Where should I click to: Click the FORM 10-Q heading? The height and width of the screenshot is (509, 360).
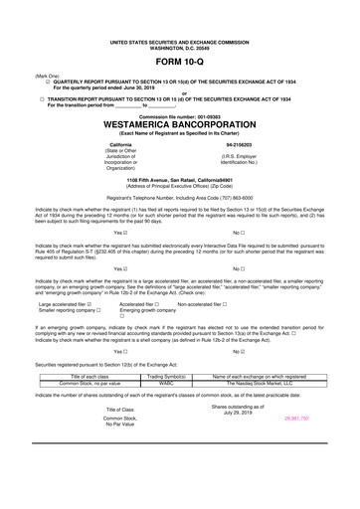pos(180,61)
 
